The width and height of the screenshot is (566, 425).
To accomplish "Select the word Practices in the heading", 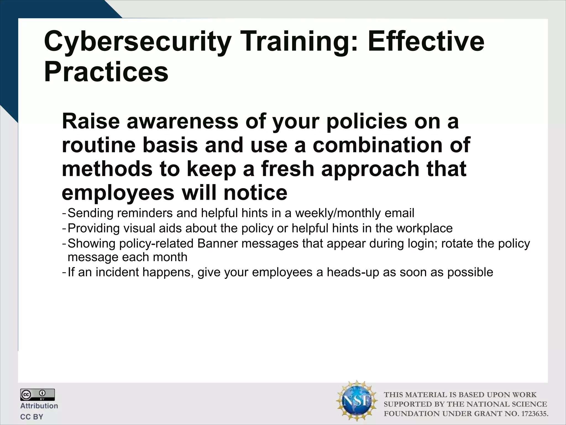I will tap(106, 72).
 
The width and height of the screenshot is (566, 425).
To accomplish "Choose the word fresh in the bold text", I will tap(288, 169).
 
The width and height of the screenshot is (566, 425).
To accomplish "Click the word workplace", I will tap(424, 229).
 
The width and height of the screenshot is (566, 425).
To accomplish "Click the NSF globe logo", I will tap(357, 401).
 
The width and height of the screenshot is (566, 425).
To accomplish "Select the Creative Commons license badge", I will tap(37, 395).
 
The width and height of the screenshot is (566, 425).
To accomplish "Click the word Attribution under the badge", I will tap(39, 406).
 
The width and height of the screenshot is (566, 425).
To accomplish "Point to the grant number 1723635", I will tap(534, 414).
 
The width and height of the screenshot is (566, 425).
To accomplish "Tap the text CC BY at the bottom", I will tap(32, 417).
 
